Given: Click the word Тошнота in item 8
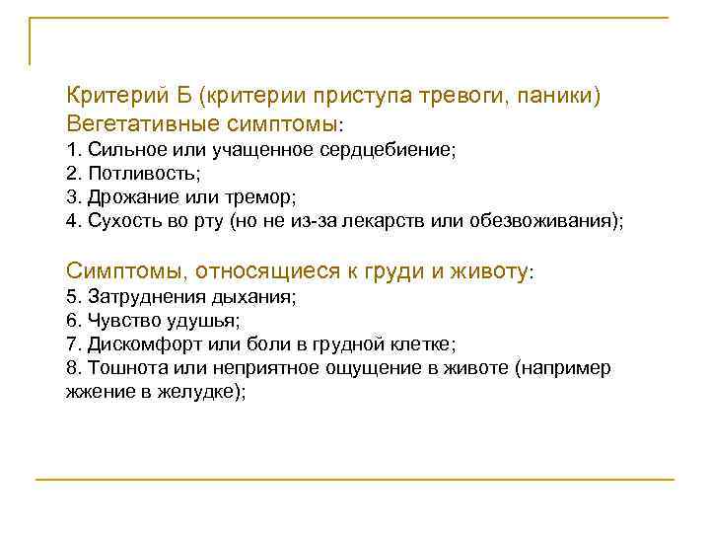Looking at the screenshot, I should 122,368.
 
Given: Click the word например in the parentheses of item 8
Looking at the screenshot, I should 568,368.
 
